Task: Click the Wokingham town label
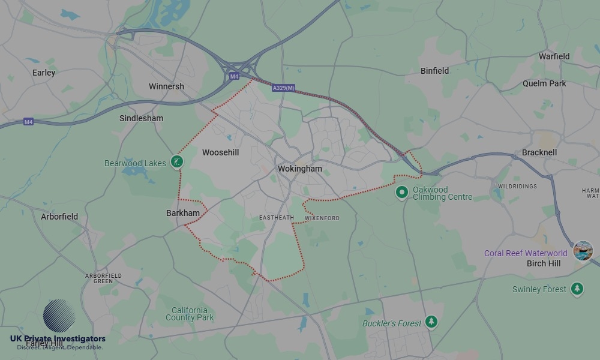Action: pos(299,169)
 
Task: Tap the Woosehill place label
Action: pos(220,152)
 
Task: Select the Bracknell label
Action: pos(539,152)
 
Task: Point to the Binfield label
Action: pos(434,71)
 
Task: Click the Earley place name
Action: pos(44,73)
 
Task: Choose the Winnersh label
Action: pos(166,86)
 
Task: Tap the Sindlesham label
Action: pos(141,118)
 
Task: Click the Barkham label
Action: pos(183,213)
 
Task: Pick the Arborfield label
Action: pos(59,217)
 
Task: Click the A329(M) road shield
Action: pos(283,88)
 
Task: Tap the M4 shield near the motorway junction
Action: pos(234,76)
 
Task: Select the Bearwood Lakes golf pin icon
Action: pos(176,161)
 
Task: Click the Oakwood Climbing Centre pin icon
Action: pos(402,192)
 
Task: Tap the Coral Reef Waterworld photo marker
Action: pos(583,251)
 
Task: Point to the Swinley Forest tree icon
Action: pos(577,289)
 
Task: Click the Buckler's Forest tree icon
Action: pos(431,322)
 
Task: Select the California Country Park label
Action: pos(190,314)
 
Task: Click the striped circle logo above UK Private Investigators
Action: pos(59,316)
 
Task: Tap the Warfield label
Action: pos(554,56)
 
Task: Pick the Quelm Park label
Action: pos(544,83)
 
